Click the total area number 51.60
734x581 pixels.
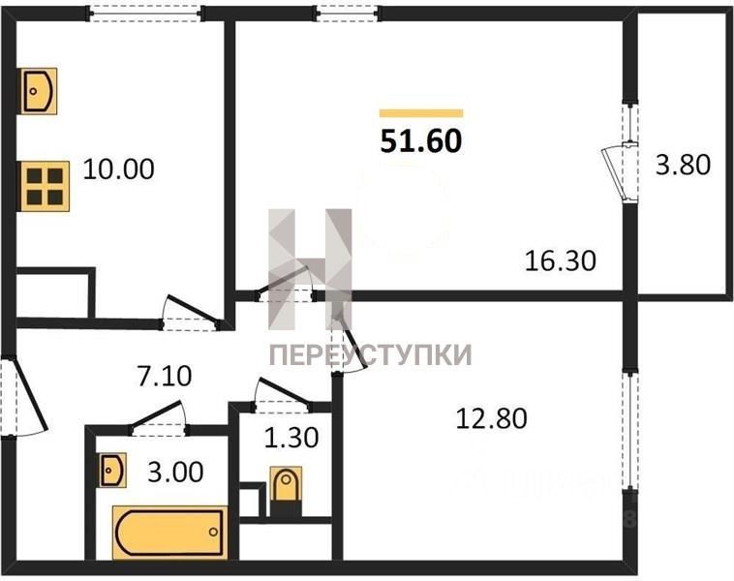point(421,141)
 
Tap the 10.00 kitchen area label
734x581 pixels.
point(118,169)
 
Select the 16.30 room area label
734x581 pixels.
point(561,260)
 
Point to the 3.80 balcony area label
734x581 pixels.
point(683,165)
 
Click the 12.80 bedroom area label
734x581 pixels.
point(492,418)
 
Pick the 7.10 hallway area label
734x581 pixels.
point(165,377)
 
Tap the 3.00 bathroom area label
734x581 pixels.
point(175,472)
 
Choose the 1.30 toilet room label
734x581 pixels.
point(291,438)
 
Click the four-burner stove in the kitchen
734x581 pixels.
point(44,186)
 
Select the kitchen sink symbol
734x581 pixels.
point(39,91)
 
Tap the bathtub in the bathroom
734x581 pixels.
point(169,533)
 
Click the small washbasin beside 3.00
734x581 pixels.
point(113,470)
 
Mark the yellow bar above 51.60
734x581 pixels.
point(421,113)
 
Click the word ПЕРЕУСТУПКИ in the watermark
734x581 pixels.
point(370,354)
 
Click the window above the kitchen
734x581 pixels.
point(145,14)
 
